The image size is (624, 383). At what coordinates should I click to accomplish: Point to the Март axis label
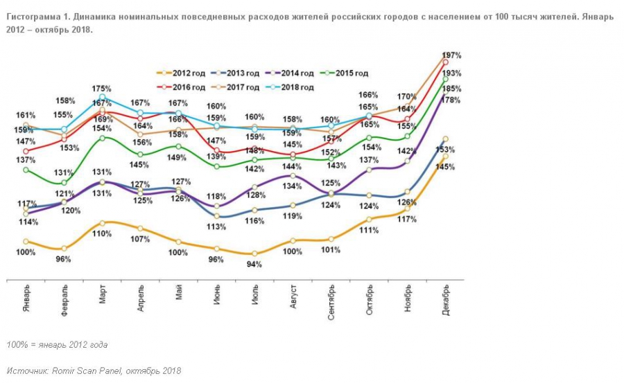(103, 299)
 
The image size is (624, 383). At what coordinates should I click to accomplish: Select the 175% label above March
(102, 89)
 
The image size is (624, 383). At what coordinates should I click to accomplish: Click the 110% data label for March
(102, 233)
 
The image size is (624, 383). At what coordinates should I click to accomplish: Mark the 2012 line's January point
(26, 241)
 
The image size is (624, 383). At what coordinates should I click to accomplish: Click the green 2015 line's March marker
(103, 138)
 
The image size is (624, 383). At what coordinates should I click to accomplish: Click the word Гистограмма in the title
(35, 17)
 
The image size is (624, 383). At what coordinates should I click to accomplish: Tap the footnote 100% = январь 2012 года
(57, 344)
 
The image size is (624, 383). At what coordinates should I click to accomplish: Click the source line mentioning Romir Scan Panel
(94, 371)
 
